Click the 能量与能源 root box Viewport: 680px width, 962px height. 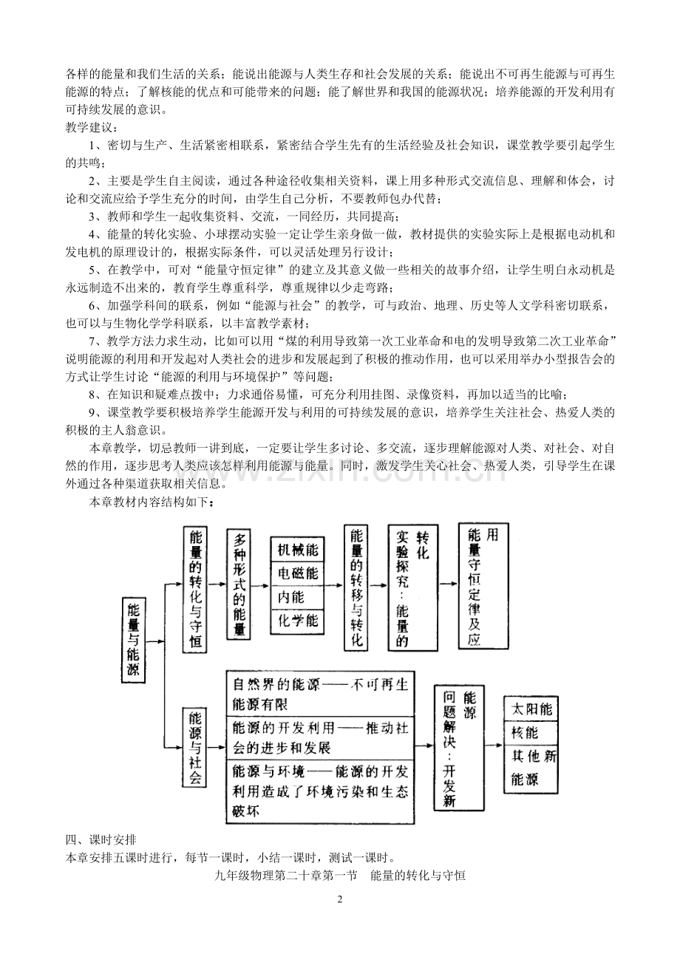point(134,640)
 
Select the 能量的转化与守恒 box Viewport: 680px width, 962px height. point(195,590)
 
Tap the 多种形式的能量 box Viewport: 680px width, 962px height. point(239,584)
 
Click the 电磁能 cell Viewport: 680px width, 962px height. point(298,573)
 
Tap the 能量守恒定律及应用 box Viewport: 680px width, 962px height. point(483,585)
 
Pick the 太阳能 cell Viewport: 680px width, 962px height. point(531,708)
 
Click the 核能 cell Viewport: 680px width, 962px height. point(531,732)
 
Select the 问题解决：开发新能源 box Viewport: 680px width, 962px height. point(459,747)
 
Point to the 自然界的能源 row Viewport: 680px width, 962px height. point(320,693)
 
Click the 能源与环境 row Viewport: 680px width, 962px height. point(320,791)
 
